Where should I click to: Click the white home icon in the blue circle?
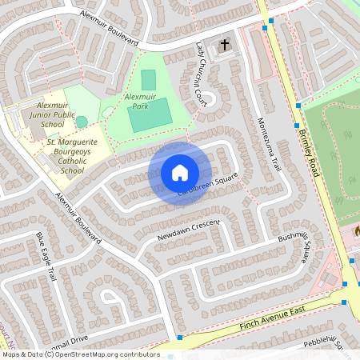point(180,173)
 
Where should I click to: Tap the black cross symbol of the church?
point(225,45)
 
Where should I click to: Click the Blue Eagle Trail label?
point(47,255)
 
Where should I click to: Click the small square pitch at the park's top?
point(148,80)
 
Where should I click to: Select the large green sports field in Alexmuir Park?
point(149,115)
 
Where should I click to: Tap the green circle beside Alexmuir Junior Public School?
point(82,122)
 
